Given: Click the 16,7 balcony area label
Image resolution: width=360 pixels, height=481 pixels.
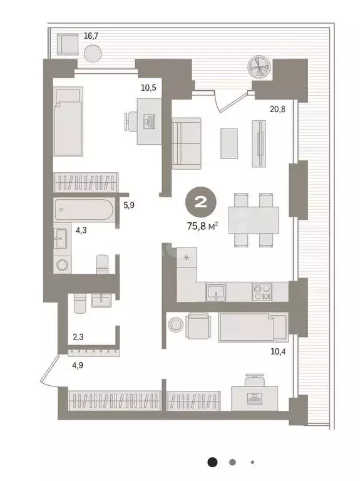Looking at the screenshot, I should click(x=91, y=36).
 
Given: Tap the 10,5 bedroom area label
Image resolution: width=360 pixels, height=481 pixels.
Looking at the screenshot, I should click(x=148, y=88).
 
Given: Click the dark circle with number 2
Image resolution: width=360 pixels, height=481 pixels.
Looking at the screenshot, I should click(x=202, y=202).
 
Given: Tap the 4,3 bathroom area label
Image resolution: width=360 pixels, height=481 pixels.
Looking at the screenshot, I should click(x=81, y=230).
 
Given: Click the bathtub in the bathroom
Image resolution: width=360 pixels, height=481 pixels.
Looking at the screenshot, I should click(x=84, y=210).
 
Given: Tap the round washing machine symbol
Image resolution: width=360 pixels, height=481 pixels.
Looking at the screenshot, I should click(x=63, y=264).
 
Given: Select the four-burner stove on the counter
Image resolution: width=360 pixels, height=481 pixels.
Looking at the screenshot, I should click(x=262, y=292).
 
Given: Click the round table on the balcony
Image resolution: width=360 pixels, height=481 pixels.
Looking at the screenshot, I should click(x=91, y=54).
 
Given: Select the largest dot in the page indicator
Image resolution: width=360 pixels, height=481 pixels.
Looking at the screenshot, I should click(x=213, y=462).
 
